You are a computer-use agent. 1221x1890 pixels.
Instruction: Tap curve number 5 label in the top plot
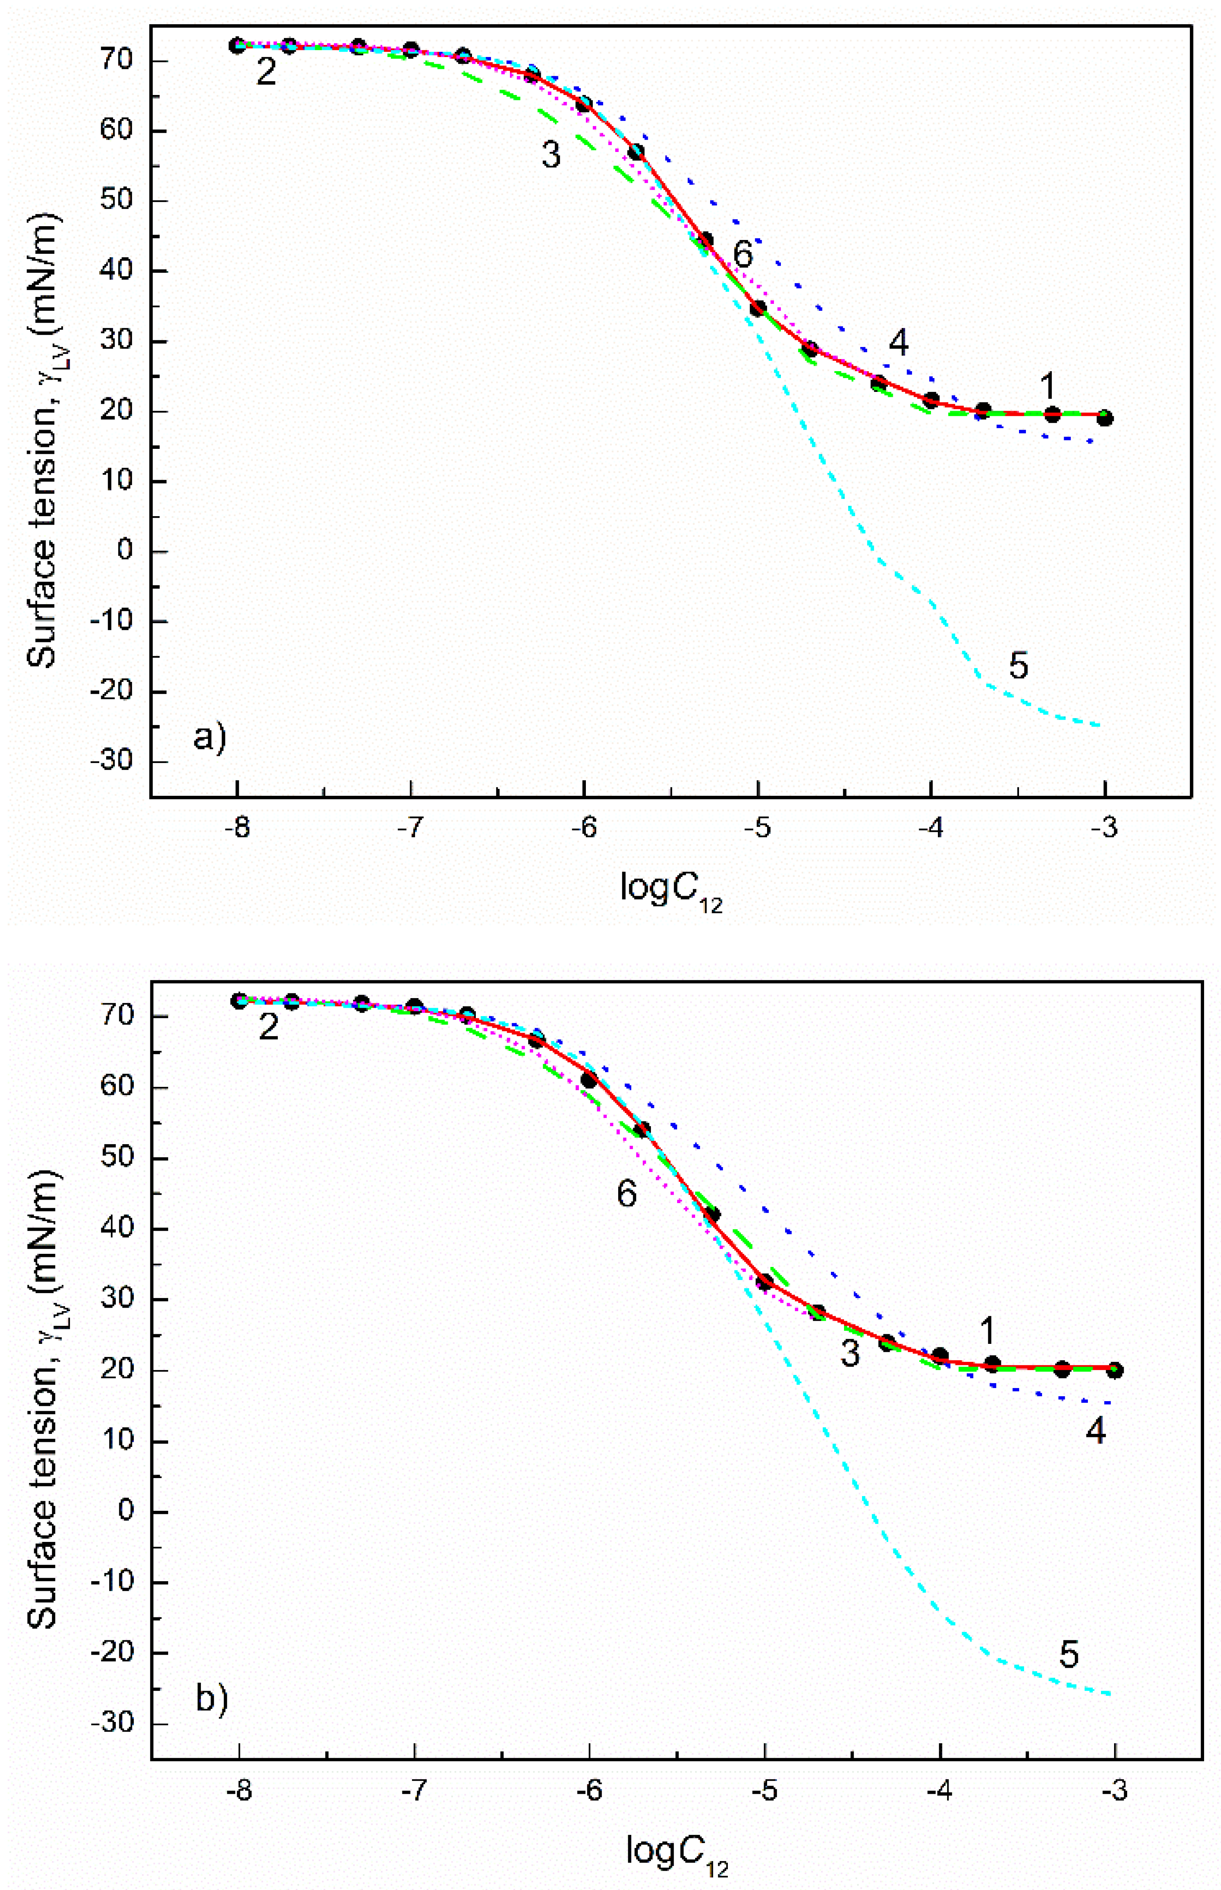[1018, 666]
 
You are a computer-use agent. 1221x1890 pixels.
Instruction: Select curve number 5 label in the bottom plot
[1069, 1655]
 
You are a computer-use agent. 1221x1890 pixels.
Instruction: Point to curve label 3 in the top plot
[551, 155]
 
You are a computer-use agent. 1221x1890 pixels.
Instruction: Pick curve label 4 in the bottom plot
[1096, 1430]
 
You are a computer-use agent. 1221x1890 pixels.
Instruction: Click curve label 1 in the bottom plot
[987, 1331]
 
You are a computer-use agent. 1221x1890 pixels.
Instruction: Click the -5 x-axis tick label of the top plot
[758, 829]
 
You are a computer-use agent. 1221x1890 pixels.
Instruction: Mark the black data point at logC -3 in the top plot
[1104, 418]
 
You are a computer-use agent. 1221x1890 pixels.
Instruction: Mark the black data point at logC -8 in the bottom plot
[239, 1001]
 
